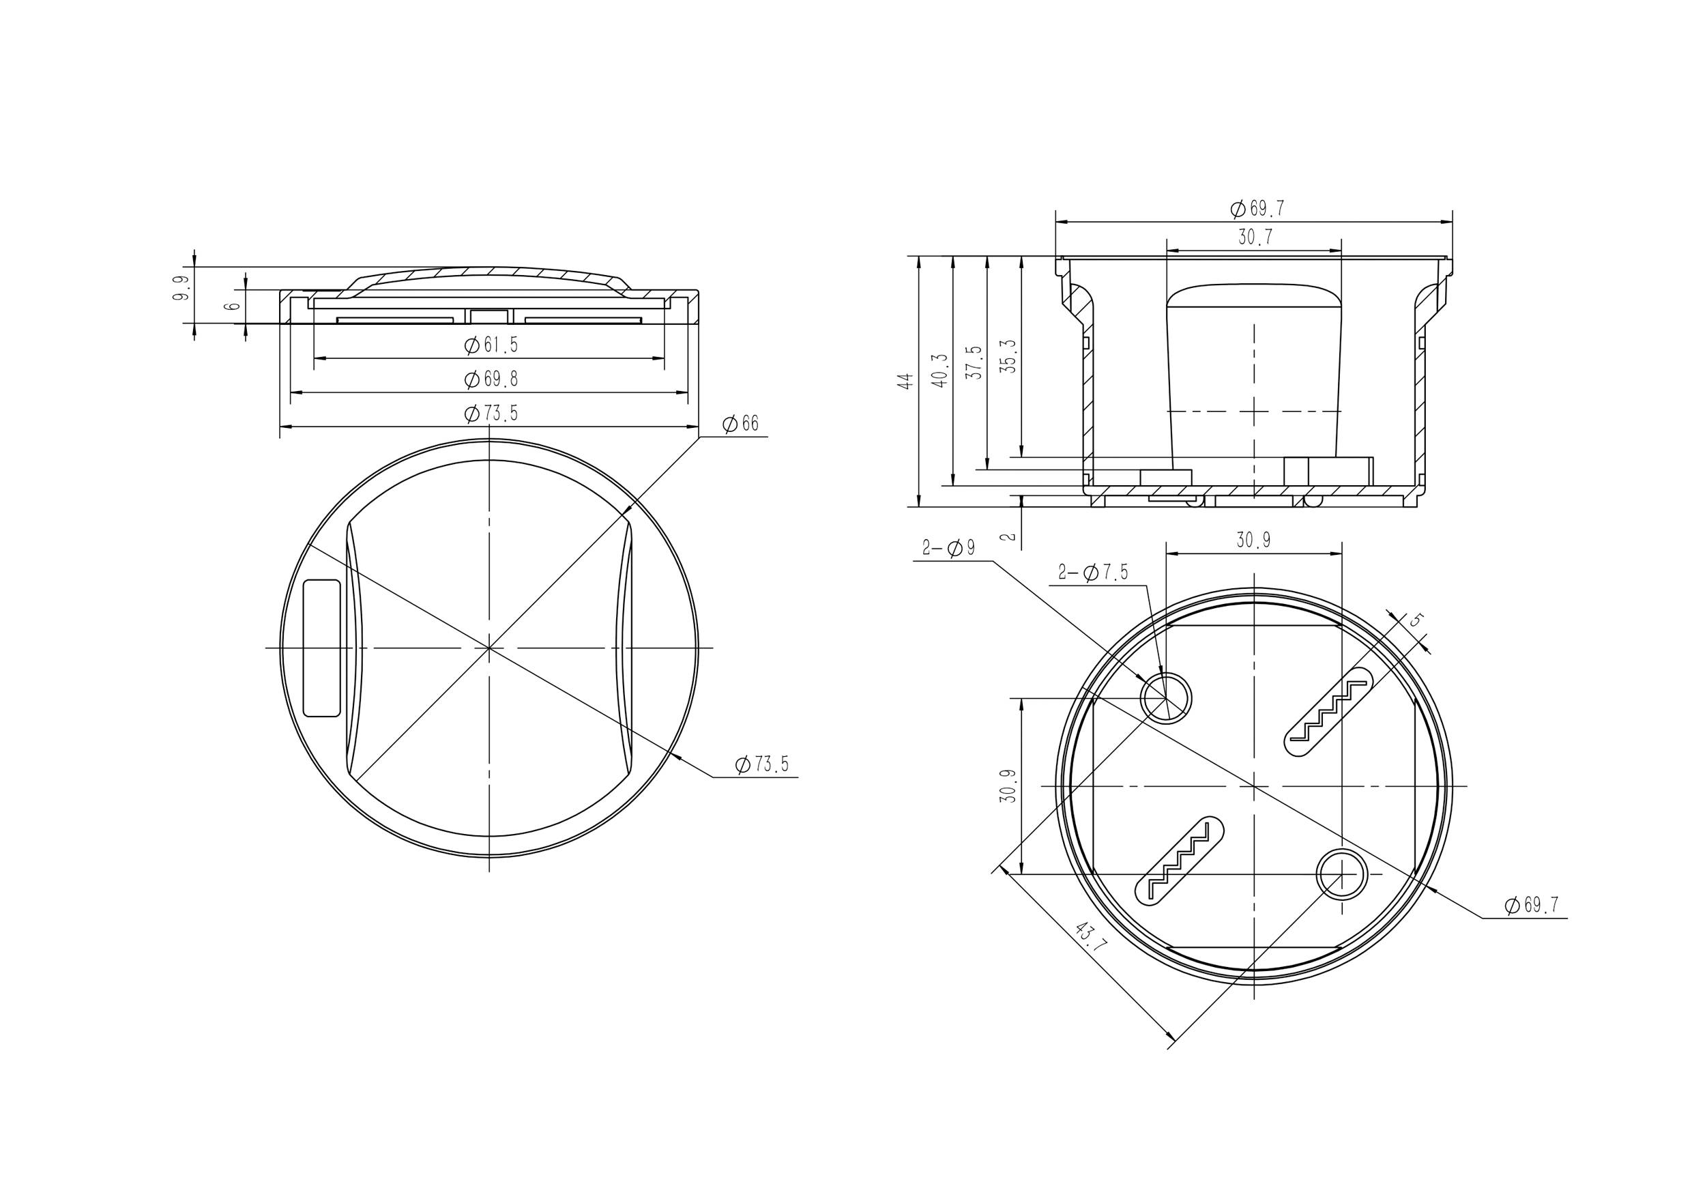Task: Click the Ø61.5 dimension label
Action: click(x=491, y=345)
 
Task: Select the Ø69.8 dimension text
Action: click(x=491, y=379)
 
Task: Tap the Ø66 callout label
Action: click(x=740, y=424)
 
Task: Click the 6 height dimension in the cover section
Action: click(x=233, y=304)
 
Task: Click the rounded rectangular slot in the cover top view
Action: click(x=322, y=647)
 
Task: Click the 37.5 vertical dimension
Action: click(x=974, y=362)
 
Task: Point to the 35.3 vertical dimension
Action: click(x=1009, y=356)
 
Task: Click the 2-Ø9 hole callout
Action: click(x=948, y=547)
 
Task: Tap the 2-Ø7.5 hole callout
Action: click(x=1092, y=572)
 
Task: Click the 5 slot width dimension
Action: click(x=1414, y=620)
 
